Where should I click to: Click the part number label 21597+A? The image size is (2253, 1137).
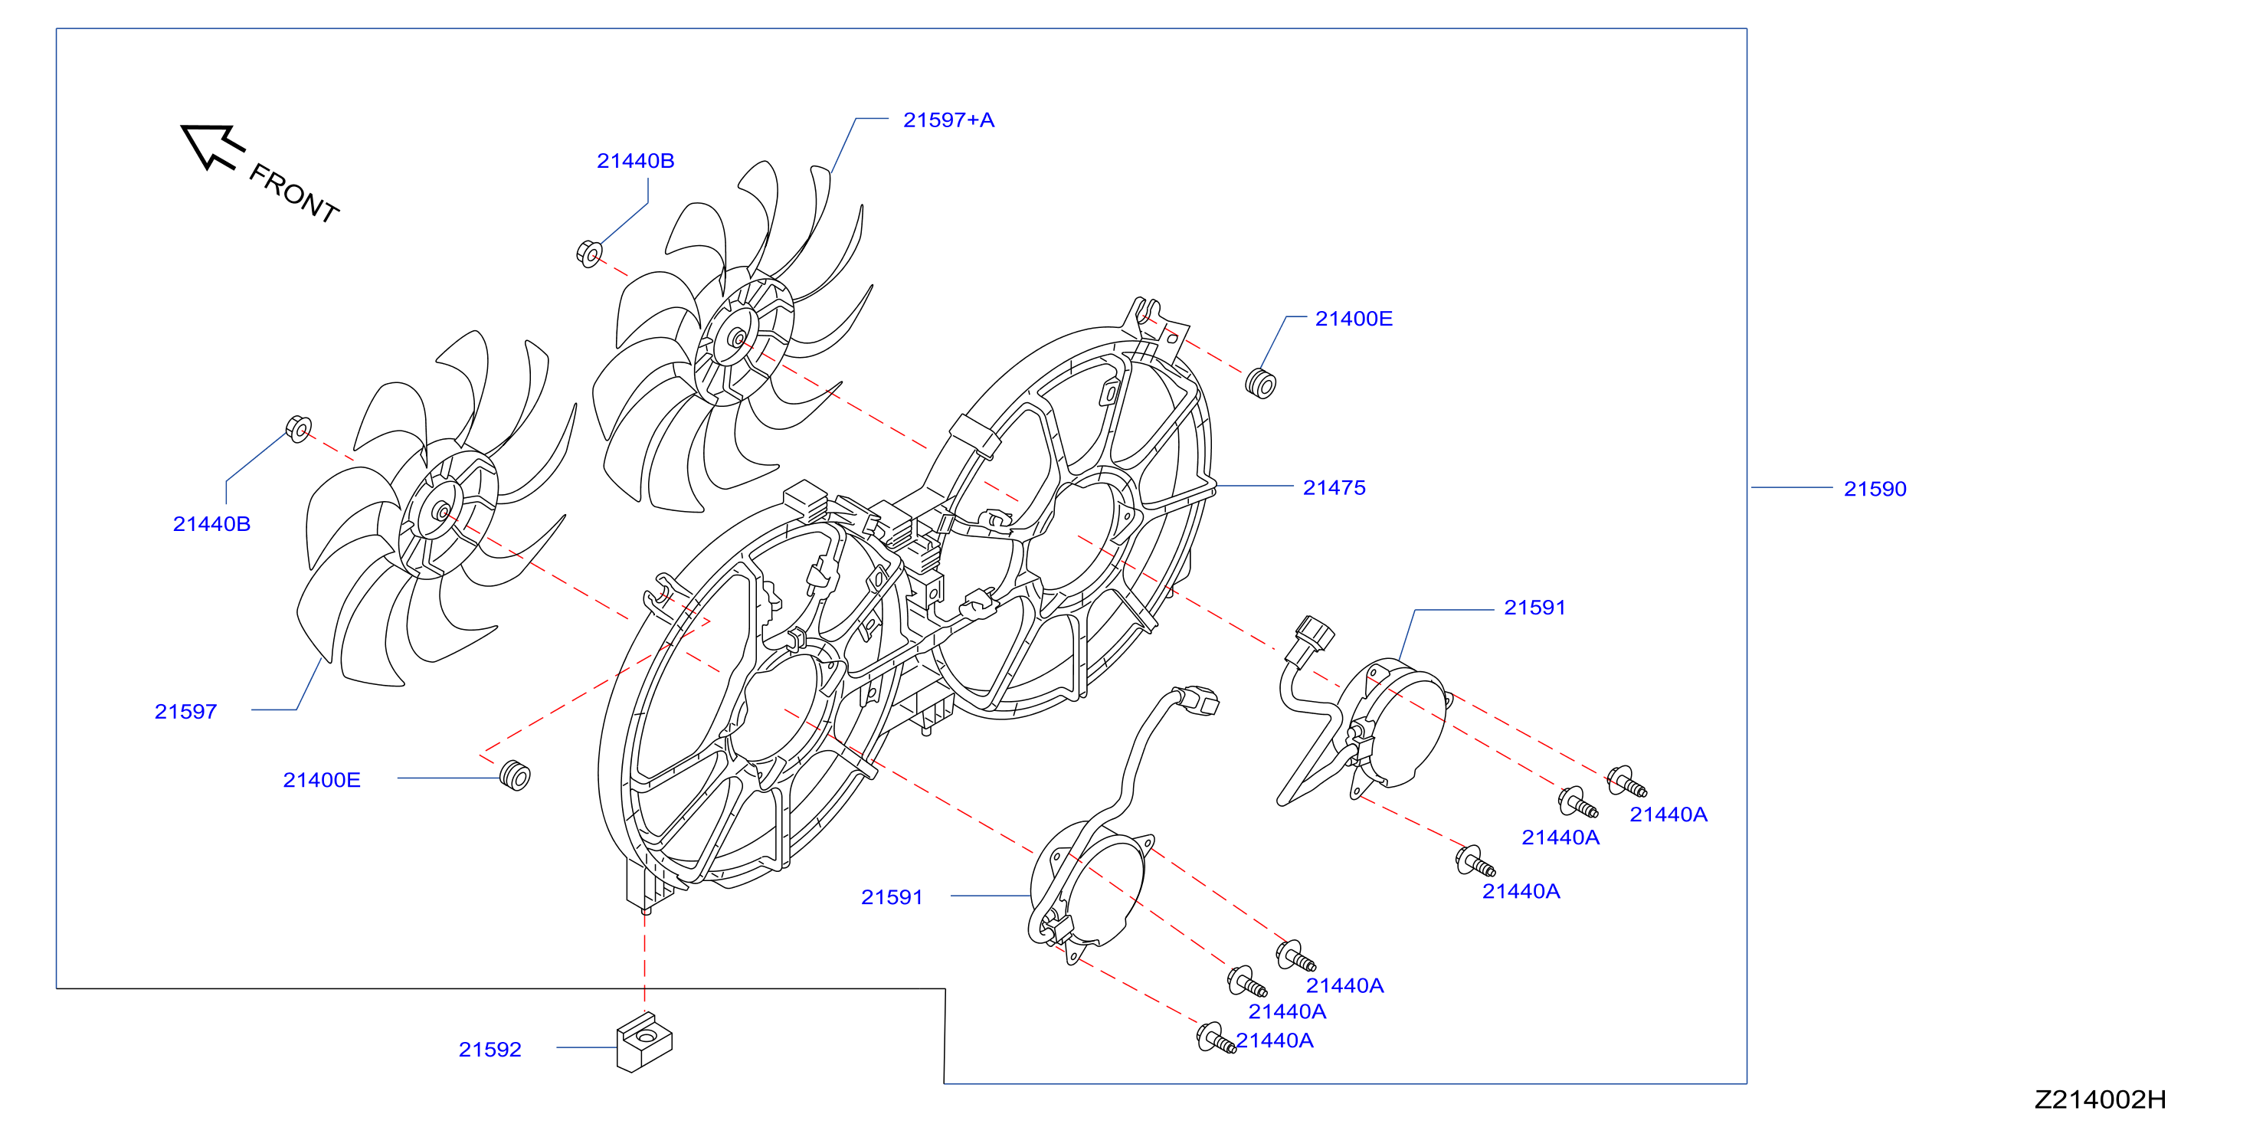[x=948, y=120]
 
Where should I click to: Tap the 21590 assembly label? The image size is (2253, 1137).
[x=1875, y=489]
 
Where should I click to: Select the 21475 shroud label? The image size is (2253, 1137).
[x=1334, y=487]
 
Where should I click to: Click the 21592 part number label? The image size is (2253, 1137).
[x=490, y=1049]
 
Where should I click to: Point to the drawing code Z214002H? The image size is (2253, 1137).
[x=2100, y=1099]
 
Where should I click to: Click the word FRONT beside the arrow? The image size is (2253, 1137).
[x=294, y=193]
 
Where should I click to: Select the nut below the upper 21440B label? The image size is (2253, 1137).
[x=590, y=254]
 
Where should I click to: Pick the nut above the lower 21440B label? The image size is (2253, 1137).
[x=298, y=428]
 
